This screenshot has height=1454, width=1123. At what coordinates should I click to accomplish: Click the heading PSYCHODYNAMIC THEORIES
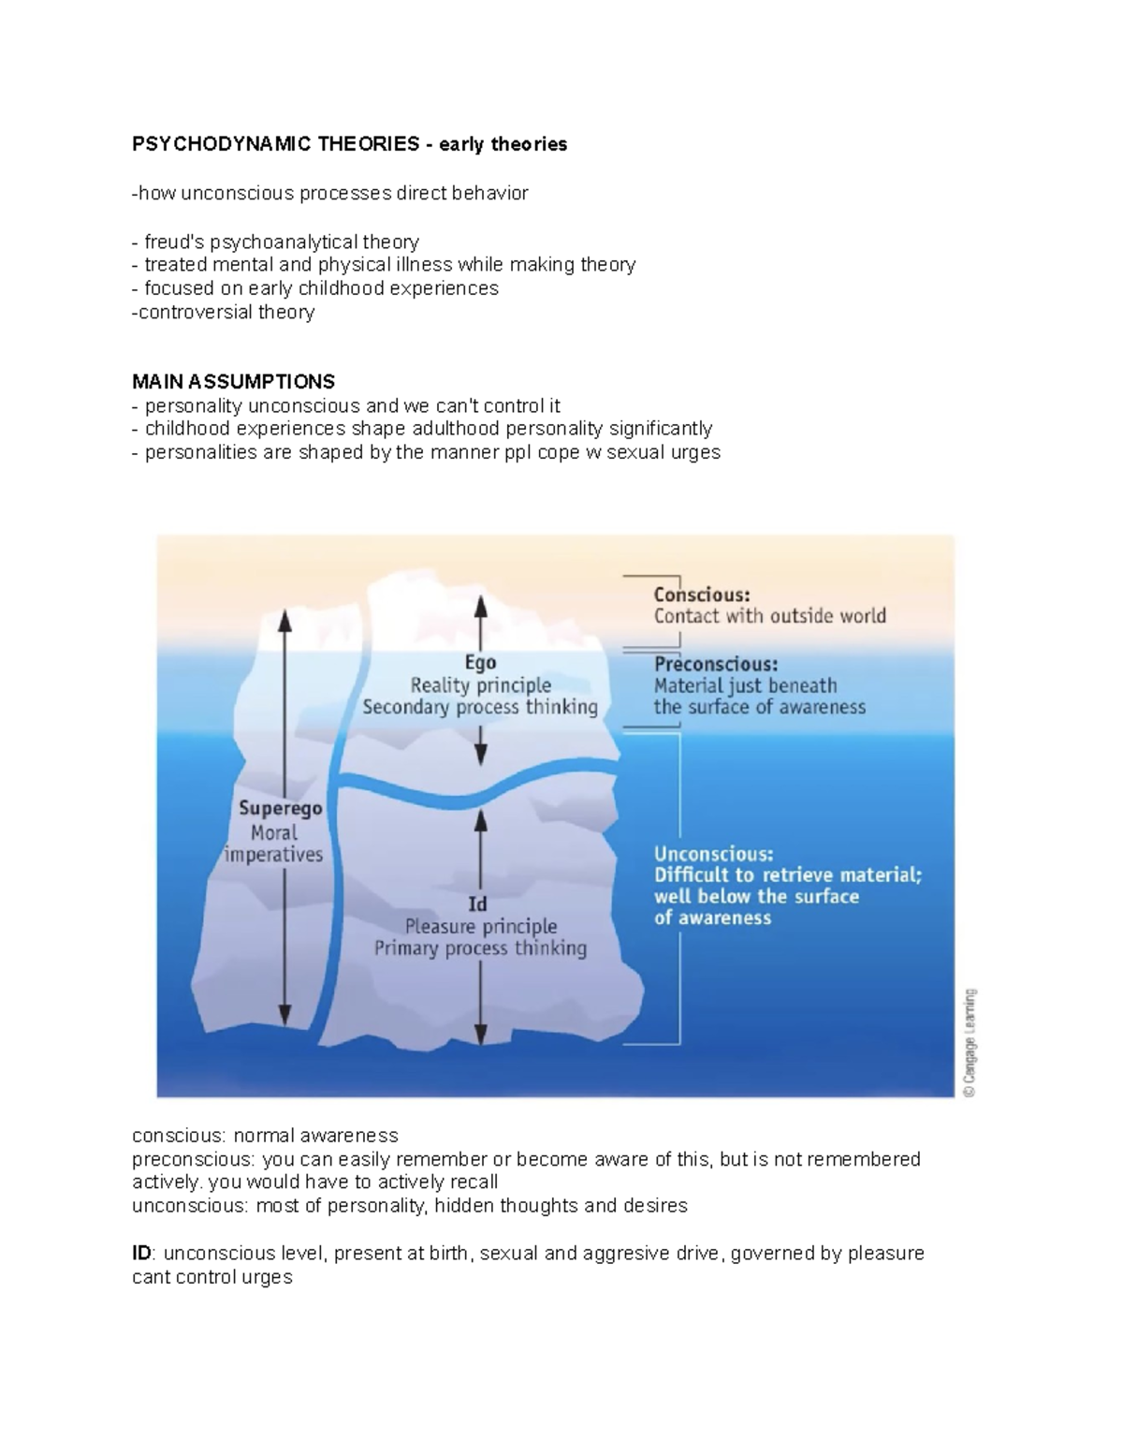click(x=275, y=144)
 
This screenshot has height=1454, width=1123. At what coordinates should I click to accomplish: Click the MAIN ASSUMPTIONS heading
click(x=233, y=382)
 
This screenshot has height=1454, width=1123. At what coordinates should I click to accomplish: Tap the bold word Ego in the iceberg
click(x=480, y=663)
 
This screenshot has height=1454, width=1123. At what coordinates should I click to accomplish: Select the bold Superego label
click(x=280, y=808)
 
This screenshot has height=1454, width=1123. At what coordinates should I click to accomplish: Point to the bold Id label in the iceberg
click(x=477, y=904)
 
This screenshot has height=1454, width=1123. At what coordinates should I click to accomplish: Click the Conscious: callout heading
click(x=701, y=595)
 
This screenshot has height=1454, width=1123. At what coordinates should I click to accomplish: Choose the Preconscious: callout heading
click(x=716, y=664)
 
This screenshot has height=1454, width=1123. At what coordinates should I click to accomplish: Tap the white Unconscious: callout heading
click(x=713, y=854)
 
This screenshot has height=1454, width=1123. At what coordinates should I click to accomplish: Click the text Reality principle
click(x=480, y=685)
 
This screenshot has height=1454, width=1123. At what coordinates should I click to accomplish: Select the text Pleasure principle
click(x=480, y=927)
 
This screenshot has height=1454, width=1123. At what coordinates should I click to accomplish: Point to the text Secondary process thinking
click(x=480, y=708)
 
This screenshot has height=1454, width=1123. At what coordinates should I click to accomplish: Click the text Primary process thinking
click(x=480, y=948)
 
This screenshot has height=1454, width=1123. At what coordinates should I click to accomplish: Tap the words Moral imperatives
click(x=274, y=844)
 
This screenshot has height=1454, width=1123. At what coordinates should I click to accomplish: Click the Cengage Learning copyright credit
click(x=970, y=1041)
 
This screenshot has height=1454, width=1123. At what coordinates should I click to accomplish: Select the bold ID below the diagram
click(x=141, y=1254)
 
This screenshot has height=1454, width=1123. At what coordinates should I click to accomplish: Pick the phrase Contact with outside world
click(x=769, y=616)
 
